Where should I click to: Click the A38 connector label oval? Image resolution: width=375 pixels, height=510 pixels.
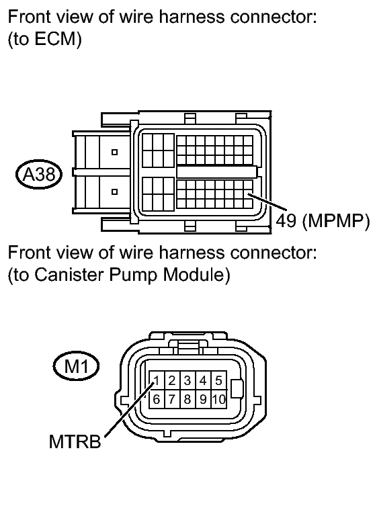39,175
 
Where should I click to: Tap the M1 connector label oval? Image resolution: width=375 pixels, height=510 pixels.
76,367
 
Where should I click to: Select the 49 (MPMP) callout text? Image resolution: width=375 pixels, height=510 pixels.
323,221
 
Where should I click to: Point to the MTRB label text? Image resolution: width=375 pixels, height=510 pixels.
75,441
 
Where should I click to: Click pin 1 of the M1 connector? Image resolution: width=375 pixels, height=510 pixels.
157,380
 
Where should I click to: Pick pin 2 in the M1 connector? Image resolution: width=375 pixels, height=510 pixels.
172,380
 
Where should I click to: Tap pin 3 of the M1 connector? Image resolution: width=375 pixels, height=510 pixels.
187,380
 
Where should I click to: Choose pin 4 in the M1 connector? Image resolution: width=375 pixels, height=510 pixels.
203,380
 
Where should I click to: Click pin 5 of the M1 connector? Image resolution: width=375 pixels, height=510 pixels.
218,380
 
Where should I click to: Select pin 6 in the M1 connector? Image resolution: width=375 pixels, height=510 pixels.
157,399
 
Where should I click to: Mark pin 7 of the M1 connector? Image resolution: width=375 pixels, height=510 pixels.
172,399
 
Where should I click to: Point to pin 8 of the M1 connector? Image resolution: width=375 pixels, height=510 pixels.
187,399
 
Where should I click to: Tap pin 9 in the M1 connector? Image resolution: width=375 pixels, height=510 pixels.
203,399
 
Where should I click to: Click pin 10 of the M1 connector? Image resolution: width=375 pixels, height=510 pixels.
218,399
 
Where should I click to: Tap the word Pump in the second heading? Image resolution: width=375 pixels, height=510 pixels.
133,275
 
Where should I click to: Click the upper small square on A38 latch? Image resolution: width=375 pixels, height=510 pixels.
114,152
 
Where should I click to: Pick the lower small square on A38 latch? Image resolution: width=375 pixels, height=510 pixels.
114,192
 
